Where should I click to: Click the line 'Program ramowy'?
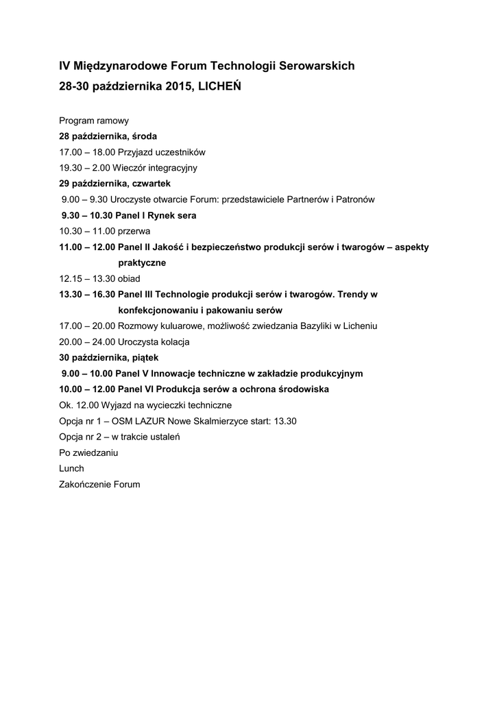pyautogui.click(x=94, y=121)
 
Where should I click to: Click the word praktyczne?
pyautogui.click(x=142, y=263)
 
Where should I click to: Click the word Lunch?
pyautogui.click(x=71, y=468)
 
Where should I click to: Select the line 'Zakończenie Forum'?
pyautogui.click(x=99, y=484)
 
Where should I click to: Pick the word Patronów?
pyautogui.click(x=353, y=199)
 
